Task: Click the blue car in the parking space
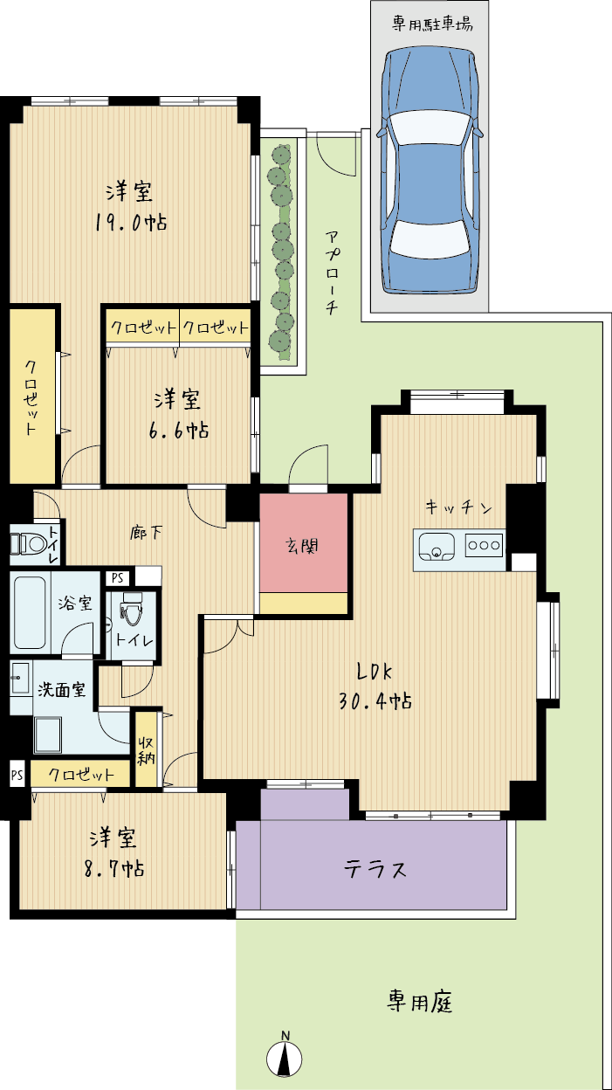point(430,170)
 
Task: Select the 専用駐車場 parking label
point(432,24)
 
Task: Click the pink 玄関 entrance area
point(304,543)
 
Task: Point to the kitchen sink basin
point(437,546)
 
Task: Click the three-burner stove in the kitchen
point(484,545)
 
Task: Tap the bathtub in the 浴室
point(31,611)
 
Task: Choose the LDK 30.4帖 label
point(375,686)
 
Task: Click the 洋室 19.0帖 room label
point(130,206)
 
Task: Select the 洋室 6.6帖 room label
point(179,414)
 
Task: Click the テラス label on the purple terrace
point(375,869)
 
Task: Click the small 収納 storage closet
point(146,750)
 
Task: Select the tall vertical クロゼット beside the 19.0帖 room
point(32,394)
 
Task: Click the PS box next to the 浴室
point(117,578)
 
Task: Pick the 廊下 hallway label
point(146,533)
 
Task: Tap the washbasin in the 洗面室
point(20,678)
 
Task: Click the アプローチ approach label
point(332,273)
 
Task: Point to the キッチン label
point(458,507)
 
